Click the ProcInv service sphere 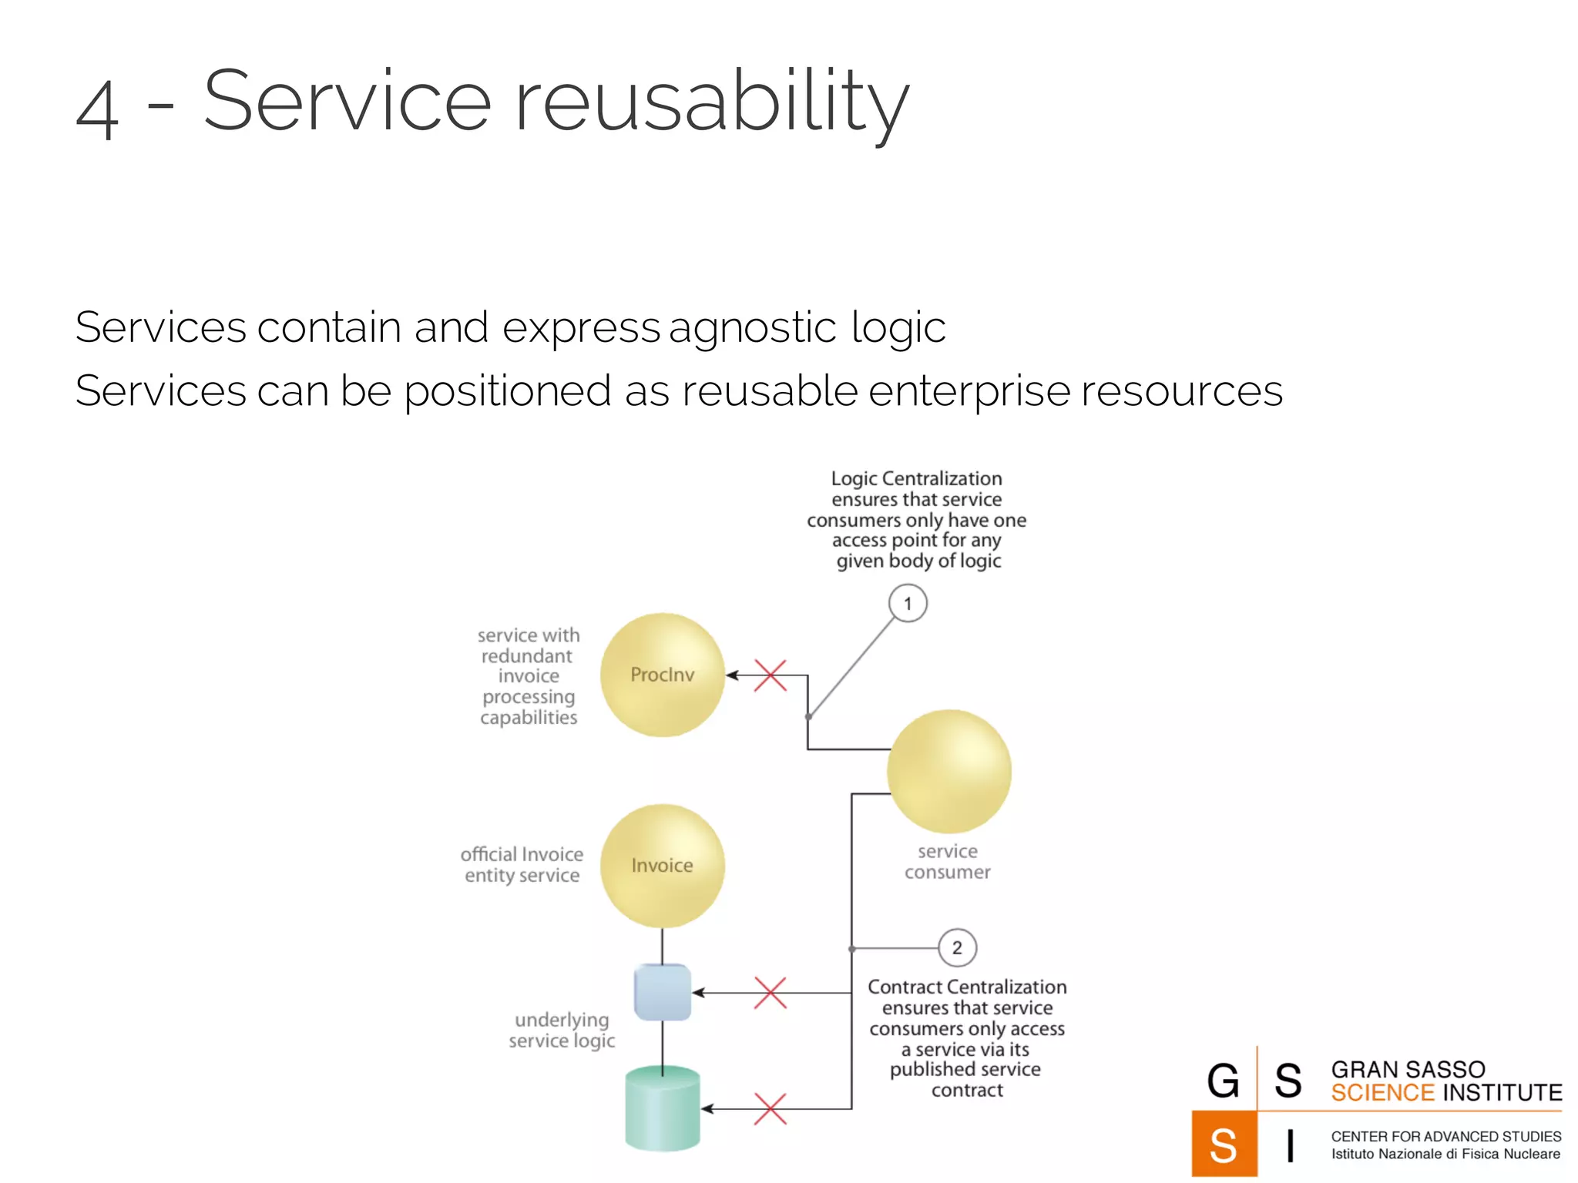click(662, 675)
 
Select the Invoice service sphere click(662, 866)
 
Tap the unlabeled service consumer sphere click(948, 771)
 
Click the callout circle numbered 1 click(908, 603)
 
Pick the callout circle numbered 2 click(957, 947)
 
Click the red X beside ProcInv click(770, 675)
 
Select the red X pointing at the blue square click(770, 993)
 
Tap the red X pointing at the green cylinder click(770, 1109)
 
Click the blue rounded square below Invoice click(662, 993)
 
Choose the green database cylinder click(662, 1108)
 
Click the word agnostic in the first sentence click(752, 327)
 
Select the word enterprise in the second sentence click(969, 390)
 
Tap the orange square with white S click(1224, 1144)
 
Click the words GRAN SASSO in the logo click(1408, 1070)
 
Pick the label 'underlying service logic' click(562, 1030)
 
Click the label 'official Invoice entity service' click(522, 865)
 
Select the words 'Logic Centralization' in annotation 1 click(916, 478)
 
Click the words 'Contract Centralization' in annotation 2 click(967, 987)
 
